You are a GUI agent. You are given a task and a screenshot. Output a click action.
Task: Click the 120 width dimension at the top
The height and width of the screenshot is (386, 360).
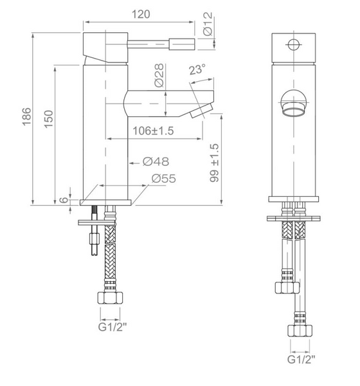click(138, 12)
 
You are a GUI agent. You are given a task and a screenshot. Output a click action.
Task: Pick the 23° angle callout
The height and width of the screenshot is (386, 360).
click(198, 71)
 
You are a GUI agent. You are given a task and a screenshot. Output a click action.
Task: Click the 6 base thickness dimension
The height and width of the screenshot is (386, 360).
click(64, 200)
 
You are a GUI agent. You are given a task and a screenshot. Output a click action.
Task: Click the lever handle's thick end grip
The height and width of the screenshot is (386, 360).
click(181, 44)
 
